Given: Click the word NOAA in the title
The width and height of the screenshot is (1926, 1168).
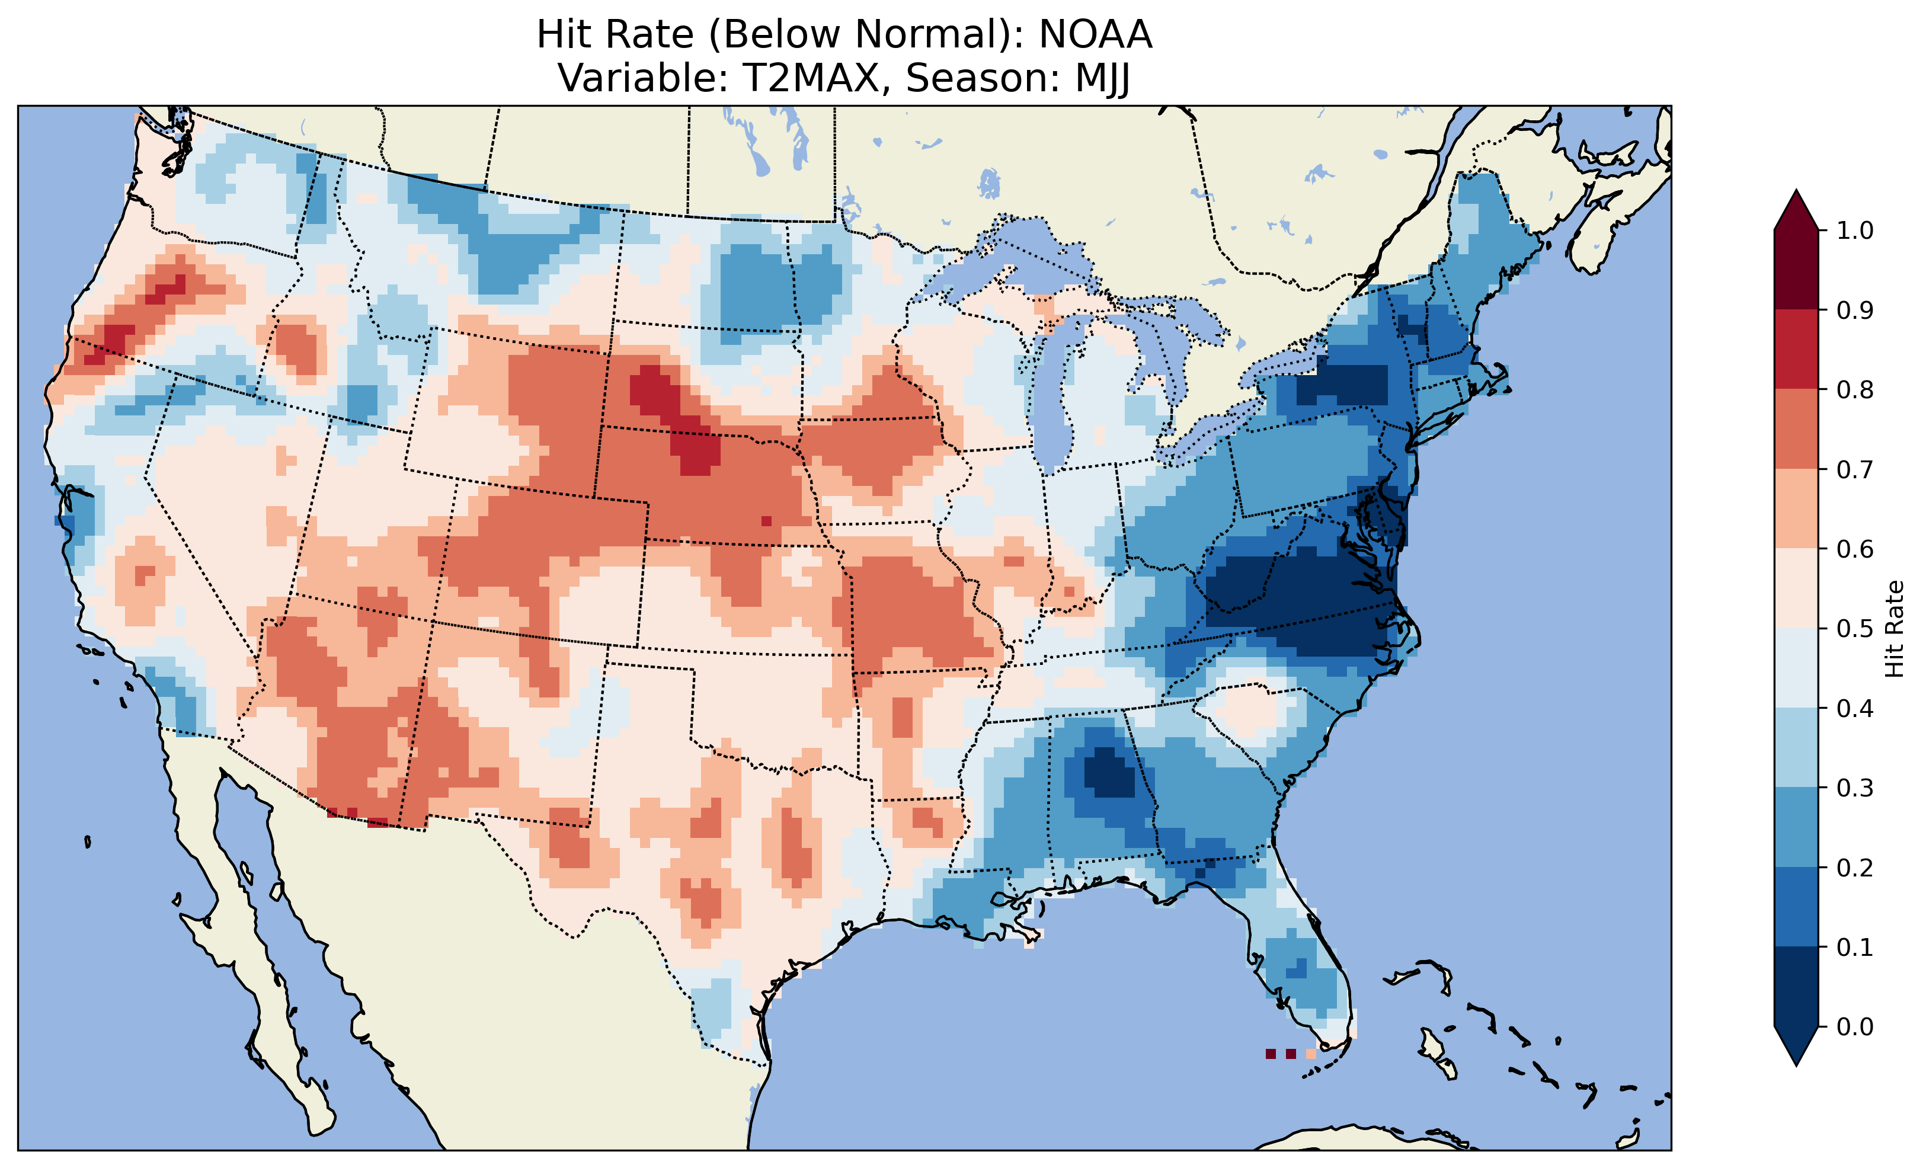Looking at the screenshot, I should tap(1095, 35).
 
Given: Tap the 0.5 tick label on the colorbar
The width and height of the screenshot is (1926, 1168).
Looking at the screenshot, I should tap(1855, 629).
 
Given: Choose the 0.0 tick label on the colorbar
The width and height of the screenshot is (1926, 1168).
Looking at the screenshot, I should tap(1855, 1026).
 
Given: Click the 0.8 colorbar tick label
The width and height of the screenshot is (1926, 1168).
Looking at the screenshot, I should tap(1855, 389).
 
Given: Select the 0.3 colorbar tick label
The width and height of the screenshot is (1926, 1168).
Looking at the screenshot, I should tap(1855, 788).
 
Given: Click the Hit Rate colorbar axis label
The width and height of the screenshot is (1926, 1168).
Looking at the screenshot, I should tap(1893, 629).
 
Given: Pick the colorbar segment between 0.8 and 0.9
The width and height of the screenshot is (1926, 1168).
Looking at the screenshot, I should tap(1796, 350).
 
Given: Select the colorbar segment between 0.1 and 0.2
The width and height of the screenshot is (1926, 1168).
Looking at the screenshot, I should tap(1796, 907).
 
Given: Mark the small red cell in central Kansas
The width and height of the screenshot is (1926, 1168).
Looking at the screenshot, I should tap(766, 521).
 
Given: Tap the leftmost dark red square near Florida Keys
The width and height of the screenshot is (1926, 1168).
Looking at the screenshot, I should tap(1270, 1054).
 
